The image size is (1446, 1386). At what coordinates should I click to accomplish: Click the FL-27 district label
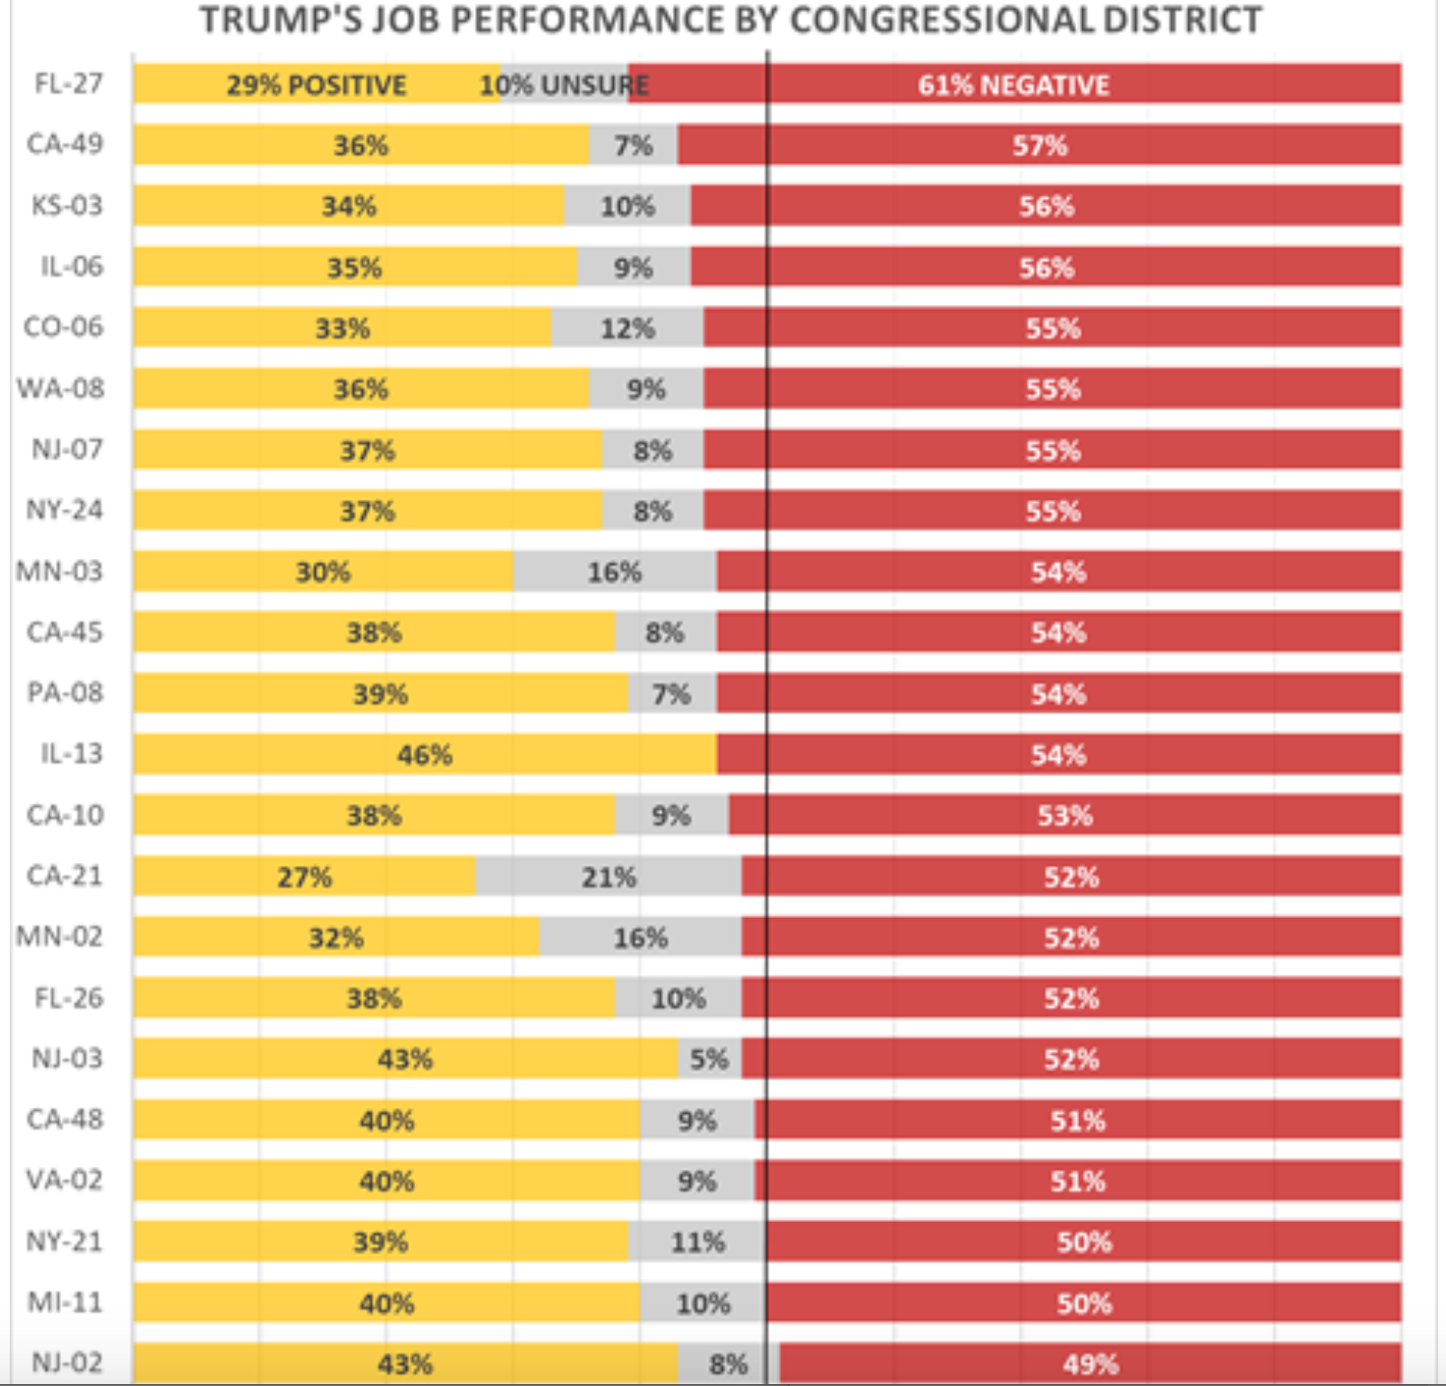click(68, 84)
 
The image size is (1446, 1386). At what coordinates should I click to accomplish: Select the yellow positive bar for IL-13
click(425, 754)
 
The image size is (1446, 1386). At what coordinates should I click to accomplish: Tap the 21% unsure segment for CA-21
click(608, 876)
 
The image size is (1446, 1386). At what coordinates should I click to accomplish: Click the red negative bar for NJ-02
click(1090, 1364)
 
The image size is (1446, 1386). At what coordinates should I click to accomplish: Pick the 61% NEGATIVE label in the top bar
click(1014, 85)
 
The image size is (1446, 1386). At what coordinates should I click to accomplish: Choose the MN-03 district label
click(60, 571)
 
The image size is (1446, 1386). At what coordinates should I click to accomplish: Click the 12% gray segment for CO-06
click(627, 328)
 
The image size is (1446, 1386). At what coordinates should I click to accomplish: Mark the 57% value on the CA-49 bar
click(1040, 146)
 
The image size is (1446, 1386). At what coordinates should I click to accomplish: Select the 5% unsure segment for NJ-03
click(709, 1059)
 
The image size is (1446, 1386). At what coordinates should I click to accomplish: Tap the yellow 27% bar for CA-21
click(304, 876)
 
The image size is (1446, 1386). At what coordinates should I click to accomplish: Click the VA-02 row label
click(64, 1179)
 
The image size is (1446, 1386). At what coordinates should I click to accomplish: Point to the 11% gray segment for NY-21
click(697, 1241)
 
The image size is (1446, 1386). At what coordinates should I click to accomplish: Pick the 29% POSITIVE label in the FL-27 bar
click(317, 85)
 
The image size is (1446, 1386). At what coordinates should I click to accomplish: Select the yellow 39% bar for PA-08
click(380, 694)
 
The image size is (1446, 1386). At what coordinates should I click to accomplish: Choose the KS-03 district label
click(67, 206)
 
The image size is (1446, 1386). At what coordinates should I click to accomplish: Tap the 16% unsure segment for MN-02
click(640, 937)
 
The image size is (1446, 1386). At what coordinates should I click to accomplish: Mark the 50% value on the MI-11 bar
click(1084, 1303)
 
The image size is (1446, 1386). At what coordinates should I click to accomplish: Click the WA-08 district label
click(60, 388)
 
